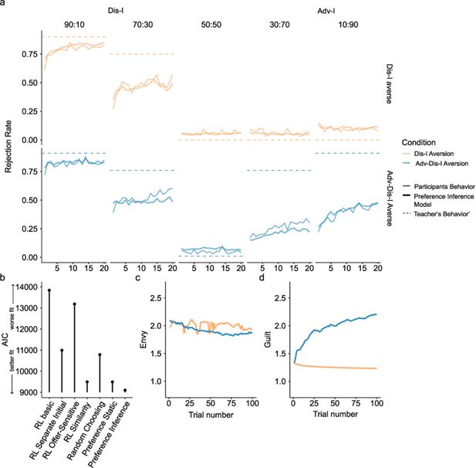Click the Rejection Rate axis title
(x=10, y=146)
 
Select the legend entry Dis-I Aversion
(x=433, y=154)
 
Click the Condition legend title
(x=417, y=141)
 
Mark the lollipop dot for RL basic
(x=49, y=290)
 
